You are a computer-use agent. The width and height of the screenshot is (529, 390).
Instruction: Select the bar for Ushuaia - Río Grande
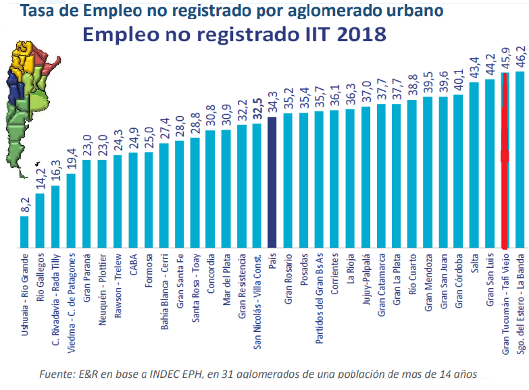tap(24, 232)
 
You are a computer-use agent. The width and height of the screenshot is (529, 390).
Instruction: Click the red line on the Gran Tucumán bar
tap(504, 155)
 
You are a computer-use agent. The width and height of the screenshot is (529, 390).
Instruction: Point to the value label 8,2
tap(25, 204)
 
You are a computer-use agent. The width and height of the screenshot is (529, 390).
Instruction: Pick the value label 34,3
tap(272, 103)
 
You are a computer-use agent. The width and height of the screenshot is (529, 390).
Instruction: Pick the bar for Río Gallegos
tap(40, 221)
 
